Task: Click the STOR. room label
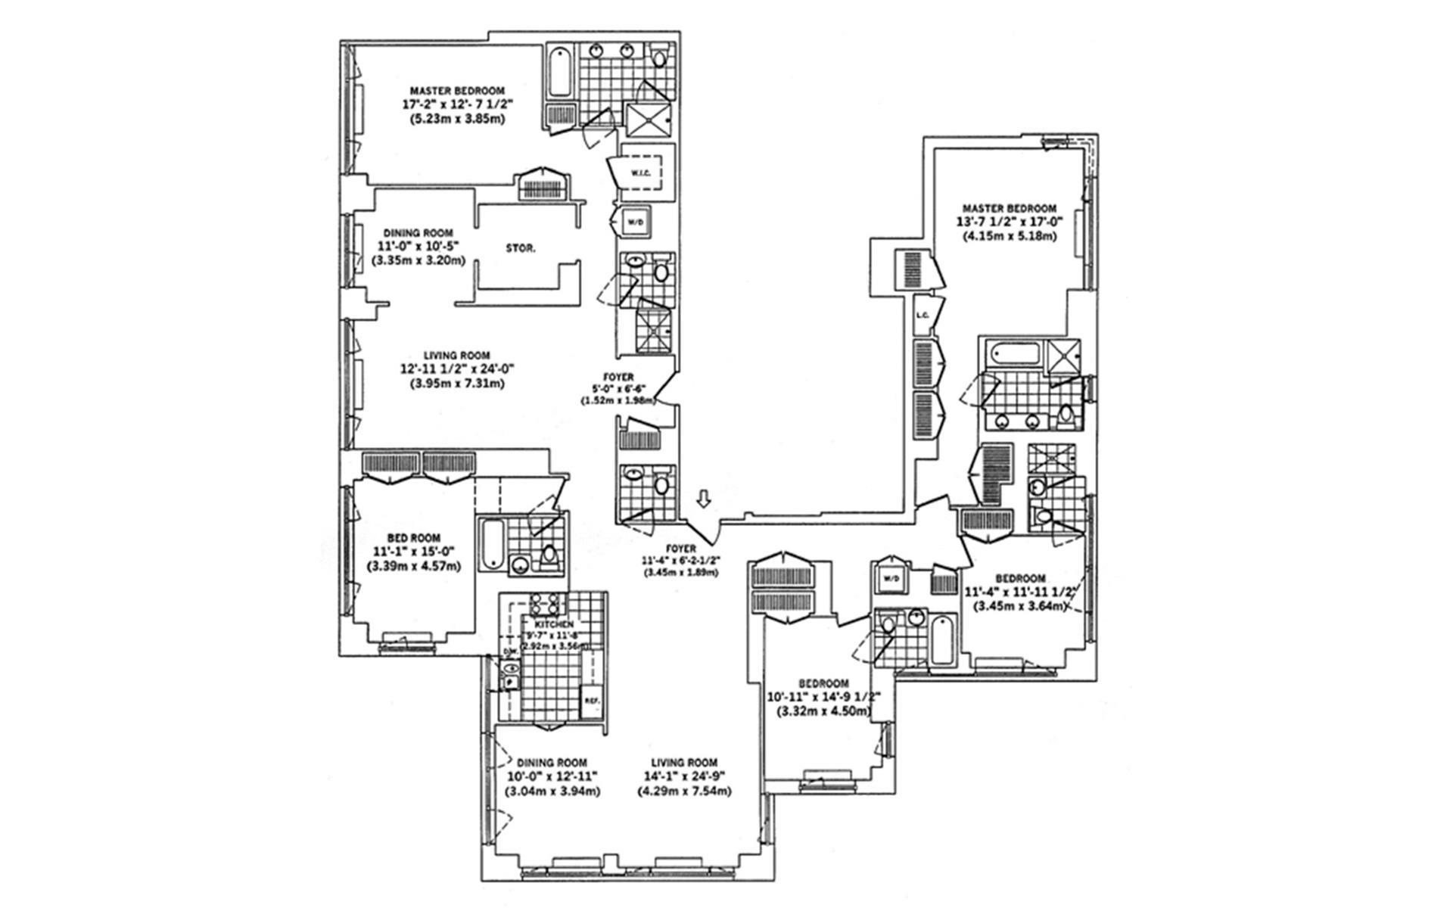pos(520,247)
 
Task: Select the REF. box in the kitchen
pos(591,701)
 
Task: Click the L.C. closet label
pos(922,316)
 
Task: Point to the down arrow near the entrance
pos(704,498)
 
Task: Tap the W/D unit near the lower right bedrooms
pos(890,579)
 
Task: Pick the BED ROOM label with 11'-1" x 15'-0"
pos(413,538)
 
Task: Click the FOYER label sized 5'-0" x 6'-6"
pos(618,377)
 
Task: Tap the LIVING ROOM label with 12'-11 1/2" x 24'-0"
pos(456,355)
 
